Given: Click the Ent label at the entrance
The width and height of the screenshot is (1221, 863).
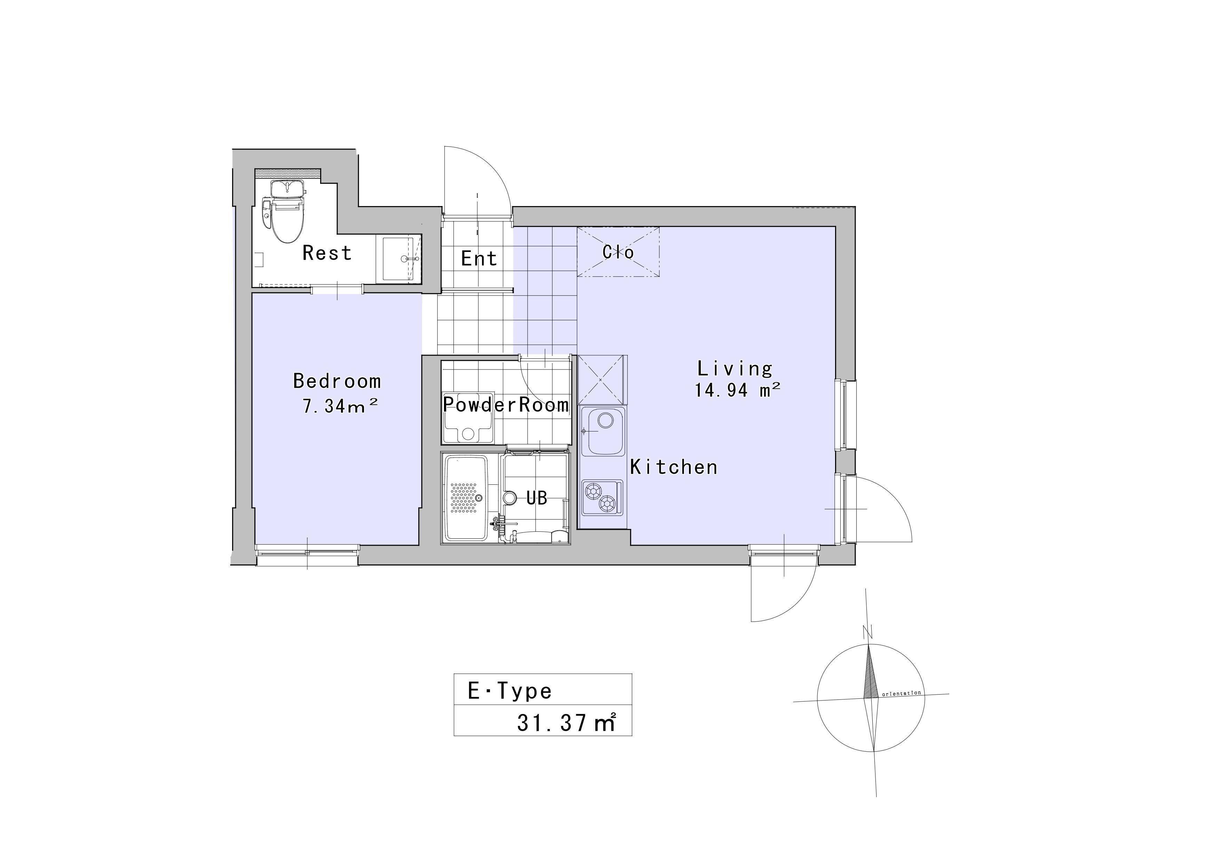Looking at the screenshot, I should (478, 259).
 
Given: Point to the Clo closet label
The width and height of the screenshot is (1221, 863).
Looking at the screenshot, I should (618, 252).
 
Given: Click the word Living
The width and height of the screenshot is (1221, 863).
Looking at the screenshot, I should (735, 369).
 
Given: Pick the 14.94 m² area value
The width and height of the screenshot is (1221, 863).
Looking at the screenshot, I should (737, 390).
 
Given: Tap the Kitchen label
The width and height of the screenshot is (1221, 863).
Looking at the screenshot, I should (674, 467).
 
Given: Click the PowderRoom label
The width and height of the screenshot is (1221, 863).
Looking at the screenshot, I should (506, 405).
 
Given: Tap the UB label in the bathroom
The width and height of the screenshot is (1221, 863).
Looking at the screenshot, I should (537, 498).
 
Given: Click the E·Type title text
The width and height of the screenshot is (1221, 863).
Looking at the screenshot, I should (509, 691).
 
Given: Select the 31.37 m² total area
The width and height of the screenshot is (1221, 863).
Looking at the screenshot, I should (566, 723).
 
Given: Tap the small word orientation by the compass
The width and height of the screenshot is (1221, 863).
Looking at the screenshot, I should (901, 694).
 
